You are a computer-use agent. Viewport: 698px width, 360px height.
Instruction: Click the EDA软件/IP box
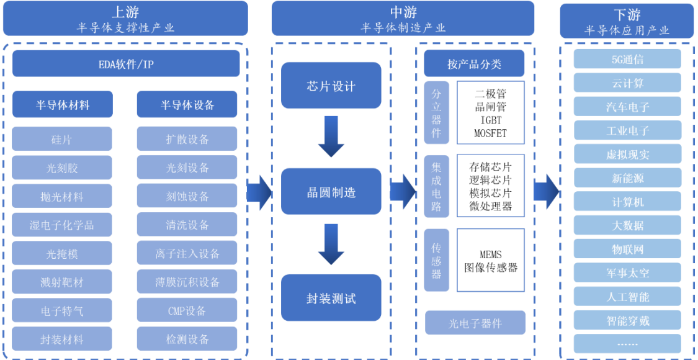click(x=126, y=64)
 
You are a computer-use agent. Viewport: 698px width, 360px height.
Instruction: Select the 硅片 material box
click(x=62, y=139)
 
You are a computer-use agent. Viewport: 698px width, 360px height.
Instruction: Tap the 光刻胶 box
click(x=62, y=168)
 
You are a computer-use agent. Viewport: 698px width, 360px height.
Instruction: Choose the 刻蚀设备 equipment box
click(x=187, y=196)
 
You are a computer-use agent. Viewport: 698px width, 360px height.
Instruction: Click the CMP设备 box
click(x=187, y=311)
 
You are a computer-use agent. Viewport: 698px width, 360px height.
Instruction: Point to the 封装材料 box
click(x=62, y=340)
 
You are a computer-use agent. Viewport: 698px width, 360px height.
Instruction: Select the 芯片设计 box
click(x=331, y=86)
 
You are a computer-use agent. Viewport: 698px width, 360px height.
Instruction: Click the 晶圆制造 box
click(x=331, y=192)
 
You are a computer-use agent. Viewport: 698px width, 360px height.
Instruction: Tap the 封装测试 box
click(x=331, y=298)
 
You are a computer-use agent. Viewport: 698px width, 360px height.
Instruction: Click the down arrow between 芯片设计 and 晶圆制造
click(x=331, y=140)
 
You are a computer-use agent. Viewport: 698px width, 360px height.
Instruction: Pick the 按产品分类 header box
click(x=474, y=64)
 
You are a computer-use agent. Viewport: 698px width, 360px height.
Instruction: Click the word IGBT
click(x=490, y=120)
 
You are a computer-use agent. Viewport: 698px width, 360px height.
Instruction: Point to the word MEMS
click(x=490, y=254)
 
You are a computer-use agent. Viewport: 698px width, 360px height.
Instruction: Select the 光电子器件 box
click(x=475, y=323)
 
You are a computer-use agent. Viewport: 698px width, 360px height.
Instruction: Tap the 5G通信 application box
click(x=627, y=60)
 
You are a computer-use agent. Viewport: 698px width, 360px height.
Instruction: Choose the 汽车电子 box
click(x=627, y=107)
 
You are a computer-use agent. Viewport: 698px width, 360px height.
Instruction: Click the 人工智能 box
click(x=627, y=297)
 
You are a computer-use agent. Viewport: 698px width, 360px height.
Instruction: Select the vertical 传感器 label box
click(x=436, y=260)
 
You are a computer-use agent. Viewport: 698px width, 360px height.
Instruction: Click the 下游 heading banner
click(x=627, y=20)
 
